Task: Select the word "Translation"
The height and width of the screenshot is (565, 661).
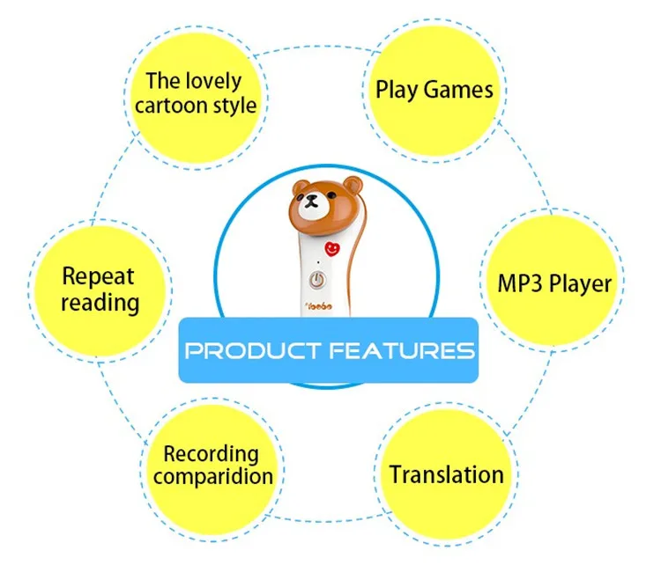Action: [447, 475]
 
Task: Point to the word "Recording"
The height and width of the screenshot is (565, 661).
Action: [212, 454]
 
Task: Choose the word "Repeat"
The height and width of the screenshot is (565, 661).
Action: [98, 278]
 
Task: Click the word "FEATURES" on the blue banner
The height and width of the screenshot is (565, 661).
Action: [402, 351]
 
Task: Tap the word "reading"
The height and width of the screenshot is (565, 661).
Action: [100, 304]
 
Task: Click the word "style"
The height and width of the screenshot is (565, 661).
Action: [236, 106]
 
